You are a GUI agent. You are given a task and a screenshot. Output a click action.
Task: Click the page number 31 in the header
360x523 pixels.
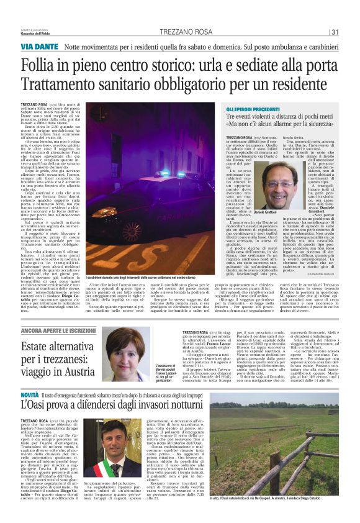335,32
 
